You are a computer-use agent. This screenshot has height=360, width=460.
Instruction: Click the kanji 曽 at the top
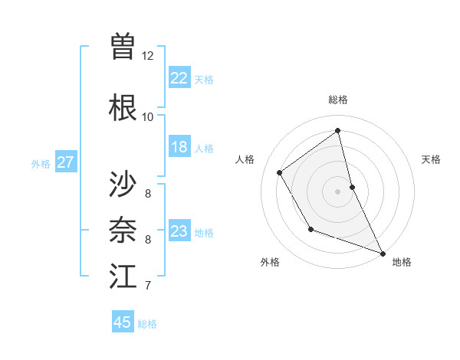[x=123, y=46]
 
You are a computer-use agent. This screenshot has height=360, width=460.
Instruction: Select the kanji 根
[x=123, y=106]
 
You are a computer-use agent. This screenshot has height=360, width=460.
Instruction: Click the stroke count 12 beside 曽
[x=147, y=56]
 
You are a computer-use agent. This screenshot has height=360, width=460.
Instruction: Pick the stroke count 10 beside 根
[x=147, y=117]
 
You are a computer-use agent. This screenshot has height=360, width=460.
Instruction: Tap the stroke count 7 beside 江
[x=147, y=286]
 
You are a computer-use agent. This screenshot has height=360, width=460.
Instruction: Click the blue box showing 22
[x=179, y=77]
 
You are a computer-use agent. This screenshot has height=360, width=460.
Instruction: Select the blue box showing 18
[x=179, y=147]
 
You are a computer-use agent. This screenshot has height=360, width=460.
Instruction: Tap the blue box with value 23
[x=179, y=231]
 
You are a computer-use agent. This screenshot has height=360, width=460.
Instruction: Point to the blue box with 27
[x=65, y=162]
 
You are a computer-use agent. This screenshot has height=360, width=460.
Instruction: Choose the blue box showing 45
[x=123, y=322]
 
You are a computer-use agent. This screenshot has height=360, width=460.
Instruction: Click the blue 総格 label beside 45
[x=147, y=324]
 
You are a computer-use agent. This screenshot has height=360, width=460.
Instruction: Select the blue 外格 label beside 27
[x=41, y=164]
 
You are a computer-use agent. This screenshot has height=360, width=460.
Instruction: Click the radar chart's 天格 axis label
[x=431, y=159]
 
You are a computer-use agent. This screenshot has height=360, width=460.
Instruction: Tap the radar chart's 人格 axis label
[x=245, y=159]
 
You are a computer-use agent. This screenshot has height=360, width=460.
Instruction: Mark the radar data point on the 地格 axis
[x=383, y=254]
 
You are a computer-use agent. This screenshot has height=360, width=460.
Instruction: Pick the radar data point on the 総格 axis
[x=338, y=130]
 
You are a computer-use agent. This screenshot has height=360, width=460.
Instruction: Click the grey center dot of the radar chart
[x=338, y=191]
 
